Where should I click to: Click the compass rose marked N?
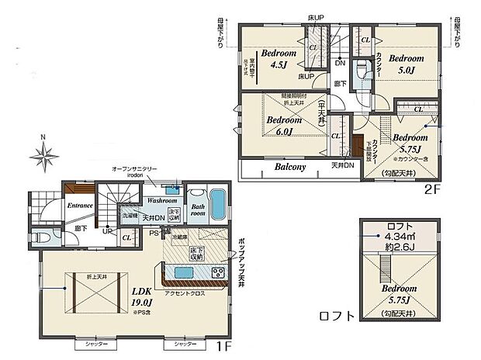[x=43, y=157]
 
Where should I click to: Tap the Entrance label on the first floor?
[x=81, y=205]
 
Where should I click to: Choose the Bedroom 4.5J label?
[x=276, y=60]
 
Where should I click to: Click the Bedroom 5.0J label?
[x=404, y=64]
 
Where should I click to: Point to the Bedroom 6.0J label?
[x=284, y=126]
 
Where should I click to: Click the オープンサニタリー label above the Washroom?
[x=137, y=171]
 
